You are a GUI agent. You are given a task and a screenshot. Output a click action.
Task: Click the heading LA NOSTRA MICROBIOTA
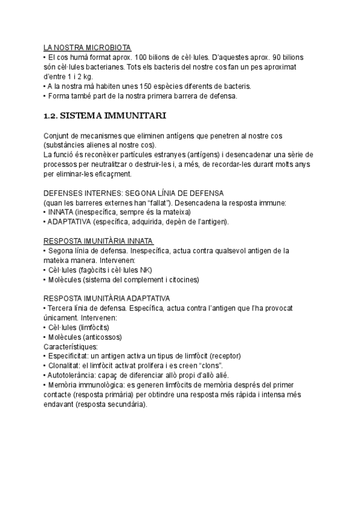(x=88, y=47)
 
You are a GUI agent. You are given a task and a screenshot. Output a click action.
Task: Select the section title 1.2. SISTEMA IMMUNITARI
(x=106, y=115)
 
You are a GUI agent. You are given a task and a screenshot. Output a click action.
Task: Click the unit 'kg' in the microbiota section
(x=86, y=76)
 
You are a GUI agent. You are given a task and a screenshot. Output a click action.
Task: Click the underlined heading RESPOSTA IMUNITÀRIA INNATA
(x=99, y=241)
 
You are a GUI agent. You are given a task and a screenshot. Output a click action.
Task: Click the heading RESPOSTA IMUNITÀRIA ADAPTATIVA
(x=107, y=298)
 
